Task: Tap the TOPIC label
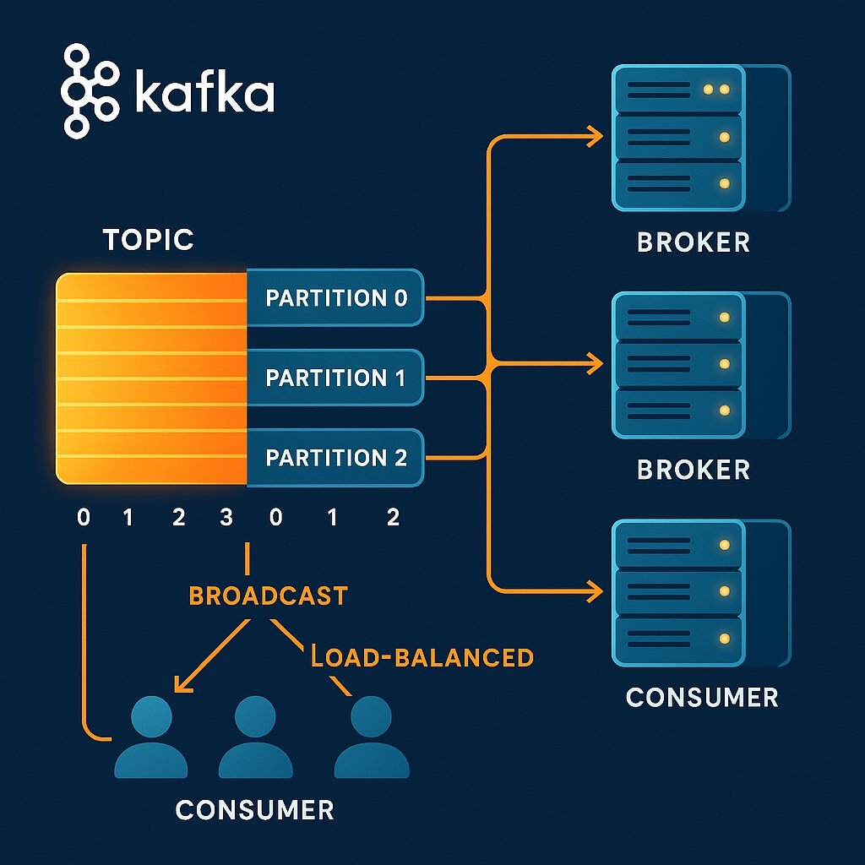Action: click(149, 240)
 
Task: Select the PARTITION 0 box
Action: click(335, 298)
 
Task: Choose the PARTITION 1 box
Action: click(335, 378)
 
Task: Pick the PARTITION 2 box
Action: click(335, 458)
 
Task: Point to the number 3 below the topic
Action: click(226, 518)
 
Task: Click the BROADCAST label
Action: click(268, 596)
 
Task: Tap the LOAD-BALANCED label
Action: click(422, 657)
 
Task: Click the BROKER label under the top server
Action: click(694, 242)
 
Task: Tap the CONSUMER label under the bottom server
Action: click(702, 698)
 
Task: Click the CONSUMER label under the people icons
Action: click(254, 811)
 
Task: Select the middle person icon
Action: click(255, 737)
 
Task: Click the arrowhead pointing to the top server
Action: click(595, 136)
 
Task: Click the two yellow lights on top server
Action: click(715, 90)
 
